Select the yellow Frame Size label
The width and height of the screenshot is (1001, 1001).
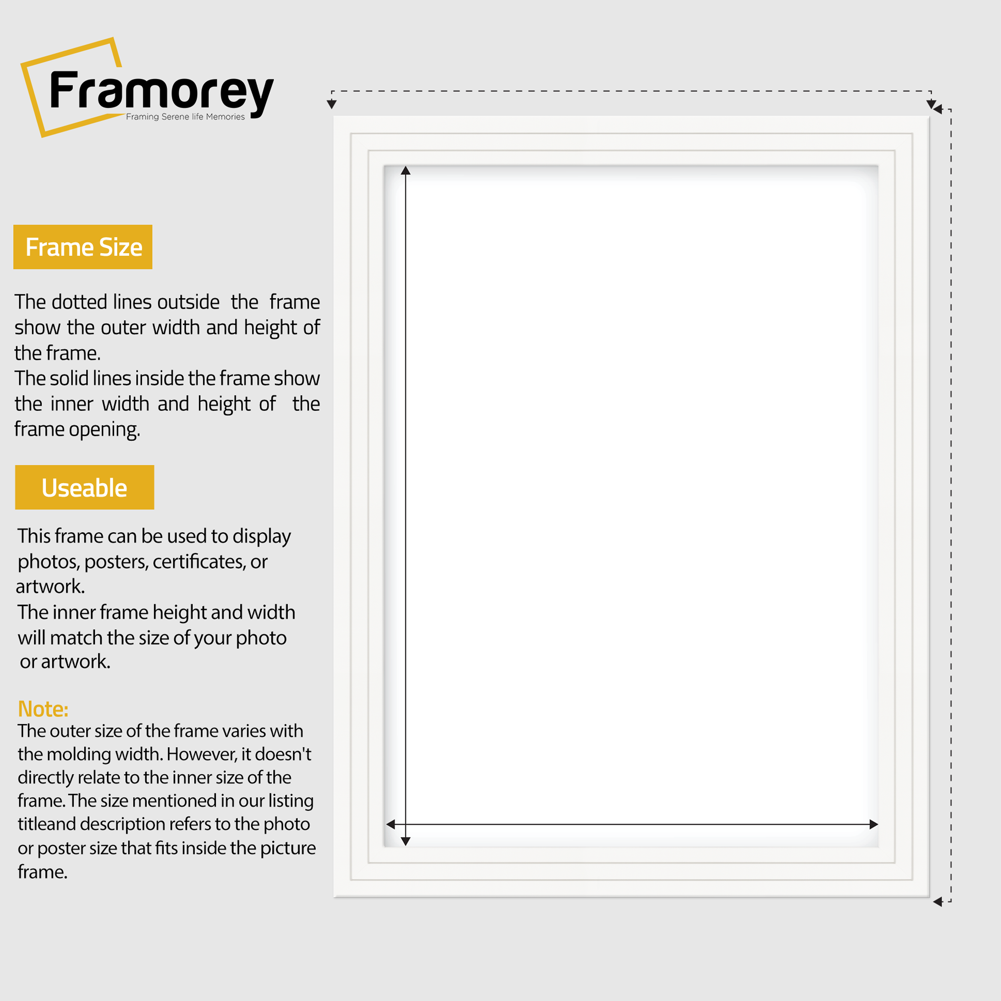pos(83,247)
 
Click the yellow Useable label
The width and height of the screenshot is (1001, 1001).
pos(84,487)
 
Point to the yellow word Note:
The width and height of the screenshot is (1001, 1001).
pos(43,709)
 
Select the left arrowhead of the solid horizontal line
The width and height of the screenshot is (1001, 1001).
pos(391,824)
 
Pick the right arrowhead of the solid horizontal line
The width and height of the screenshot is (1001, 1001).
pos(874,824)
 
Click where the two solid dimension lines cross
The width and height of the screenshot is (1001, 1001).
pos(406,824)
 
